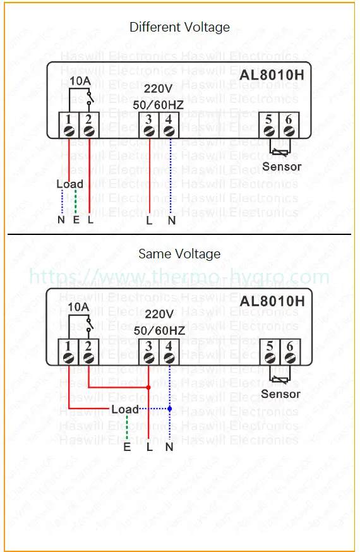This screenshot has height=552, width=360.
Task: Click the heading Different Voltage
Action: point(179,27)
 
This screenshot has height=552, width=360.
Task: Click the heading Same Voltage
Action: point(179,254)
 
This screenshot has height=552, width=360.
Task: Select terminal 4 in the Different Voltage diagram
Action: point(169,124)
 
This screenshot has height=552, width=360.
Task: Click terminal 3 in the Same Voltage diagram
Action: point(148,351)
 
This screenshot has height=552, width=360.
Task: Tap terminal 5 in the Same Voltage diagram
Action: point(269,351)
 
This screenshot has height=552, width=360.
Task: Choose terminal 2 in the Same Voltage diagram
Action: point(89,351)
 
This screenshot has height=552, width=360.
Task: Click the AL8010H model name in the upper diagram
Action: point(272,75)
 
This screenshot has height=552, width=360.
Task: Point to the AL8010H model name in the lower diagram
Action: point(272,301)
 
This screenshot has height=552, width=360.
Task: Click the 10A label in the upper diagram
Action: point(79,81)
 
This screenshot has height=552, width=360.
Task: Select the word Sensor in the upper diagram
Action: point(282,167)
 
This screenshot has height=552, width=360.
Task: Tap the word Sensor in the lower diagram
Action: point(281,393)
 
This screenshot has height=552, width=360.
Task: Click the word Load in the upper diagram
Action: point(69,184)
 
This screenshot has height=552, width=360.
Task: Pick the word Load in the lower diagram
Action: point(124,409)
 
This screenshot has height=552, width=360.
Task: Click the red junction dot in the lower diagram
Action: point(148,387)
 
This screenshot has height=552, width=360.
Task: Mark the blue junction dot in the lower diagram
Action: point(169,409)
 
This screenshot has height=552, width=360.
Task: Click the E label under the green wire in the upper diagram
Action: point(76,220)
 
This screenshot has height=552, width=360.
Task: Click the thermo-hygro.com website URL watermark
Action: point(179,277)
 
